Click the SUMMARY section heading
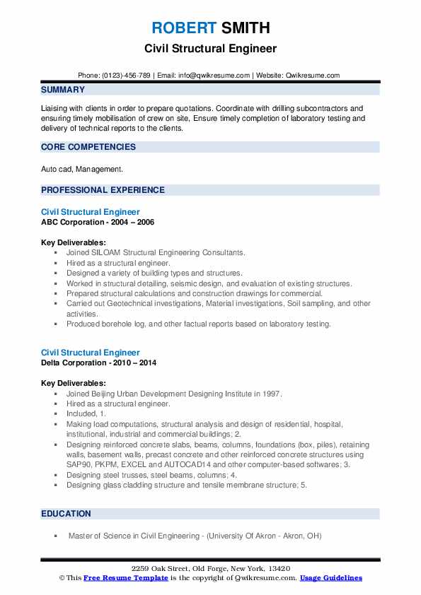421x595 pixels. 63,90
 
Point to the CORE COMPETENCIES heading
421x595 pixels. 88,147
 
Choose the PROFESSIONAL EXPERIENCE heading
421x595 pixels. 103,189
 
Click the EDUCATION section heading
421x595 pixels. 66,514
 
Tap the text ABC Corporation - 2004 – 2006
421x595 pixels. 98,222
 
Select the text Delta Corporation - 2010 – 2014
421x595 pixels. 99,363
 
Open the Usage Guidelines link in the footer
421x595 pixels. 330,578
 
